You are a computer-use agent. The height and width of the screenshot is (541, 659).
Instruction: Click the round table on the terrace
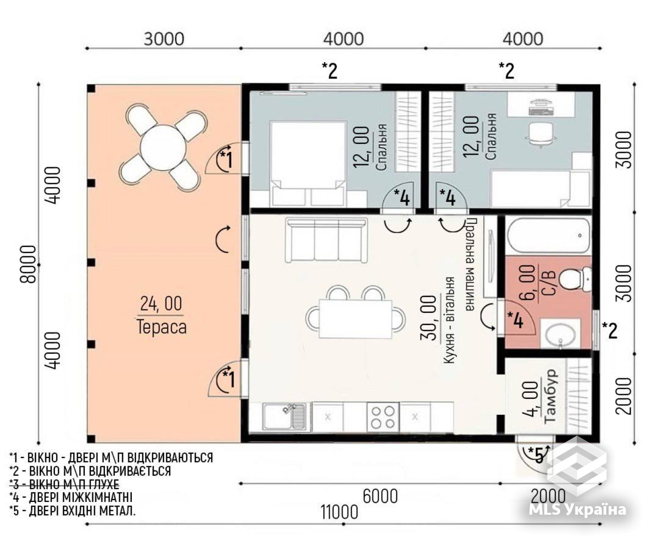coord(163,148)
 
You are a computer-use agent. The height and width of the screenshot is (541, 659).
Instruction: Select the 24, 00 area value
coord(161,303)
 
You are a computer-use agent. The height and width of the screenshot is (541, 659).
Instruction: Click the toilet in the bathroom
coord(575,278)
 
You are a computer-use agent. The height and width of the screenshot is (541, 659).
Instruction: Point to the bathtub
coord(549,236)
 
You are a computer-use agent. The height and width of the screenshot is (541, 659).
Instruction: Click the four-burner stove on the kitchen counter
coord(383,417)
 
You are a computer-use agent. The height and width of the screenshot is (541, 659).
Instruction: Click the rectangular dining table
coord(355,319)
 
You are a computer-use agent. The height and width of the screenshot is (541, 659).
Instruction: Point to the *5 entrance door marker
coord(537,455)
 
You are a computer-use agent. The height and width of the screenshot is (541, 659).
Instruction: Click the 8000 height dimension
coord(28,264)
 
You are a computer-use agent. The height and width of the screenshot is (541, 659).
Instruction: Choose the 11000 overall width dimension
coord(339,512)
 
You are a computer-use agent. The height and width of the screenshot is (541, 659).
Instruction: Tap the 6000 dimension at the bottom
coord(380,496)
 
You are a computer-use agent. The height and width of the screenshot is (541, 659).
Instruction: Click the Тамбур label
coord(550,396)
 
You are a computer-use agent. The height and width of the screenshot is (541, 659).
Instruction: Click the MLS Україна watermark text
coord(578,510)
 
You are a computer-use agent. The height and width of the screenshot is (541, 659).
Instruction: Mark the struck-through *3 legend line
coord(64,484)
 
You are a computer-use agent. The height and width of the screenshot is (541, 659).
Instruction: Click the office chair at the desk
coord(540,134)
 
